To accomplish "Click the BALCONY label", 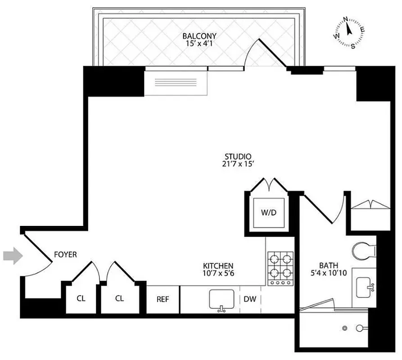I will click(x=199, y=36).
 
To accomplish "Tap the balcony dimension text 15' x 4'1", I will click(x=199, y=44).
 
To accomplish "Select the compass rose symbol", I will click(x=349, y=32).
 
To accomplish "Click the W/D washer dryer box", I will click(x=268, y=212).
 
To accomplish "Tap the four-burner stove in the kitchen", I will click(x=280, y=266).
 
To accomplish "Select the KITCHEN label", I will click(x=218, y=265).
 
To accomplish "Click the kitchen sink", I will click(x=221, y=300).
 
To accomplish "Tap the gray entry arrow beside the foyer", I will click(x=12, y=256).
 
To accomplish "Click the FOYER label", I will click(x=65, y=255).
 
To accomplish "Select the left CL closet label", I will click(x=81, y=298).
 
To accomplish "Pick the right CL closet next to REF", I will click(x=119, y=298).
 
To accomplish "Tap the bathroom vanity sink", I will click(x=366, y=286).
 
